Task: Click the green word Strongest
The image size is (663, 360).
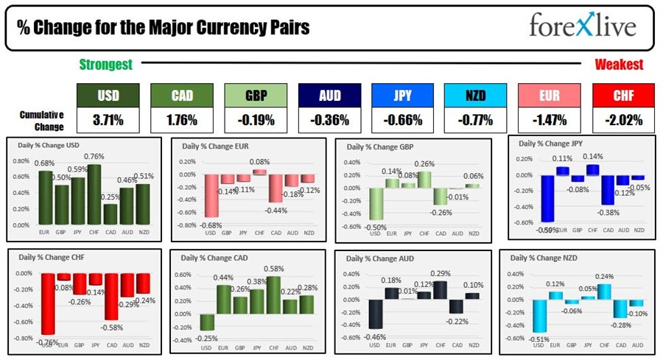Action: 105,65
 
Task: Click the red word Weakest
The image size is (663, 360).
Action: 619,65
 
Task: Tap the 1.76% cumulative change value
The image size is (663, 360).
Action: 182,119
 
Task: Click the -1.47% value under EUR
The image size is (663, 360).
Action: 550,119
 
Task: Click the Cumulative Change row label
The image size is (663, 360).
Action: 42,119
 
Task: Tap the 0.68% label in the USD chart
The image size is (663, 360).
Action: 45,163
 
